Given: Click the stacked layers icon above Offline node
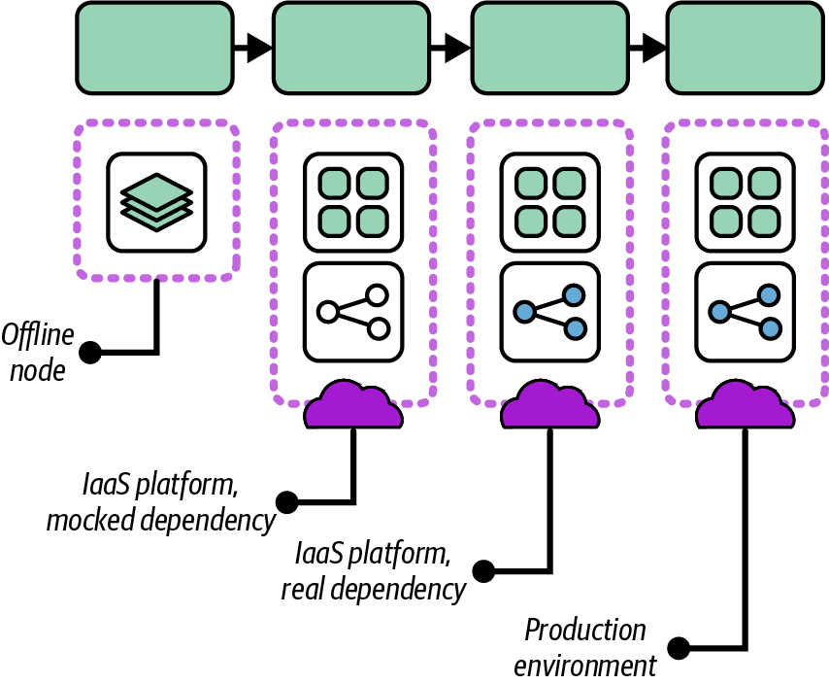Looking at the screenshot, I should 156,201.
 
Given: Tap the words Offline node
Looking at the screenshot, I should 37,352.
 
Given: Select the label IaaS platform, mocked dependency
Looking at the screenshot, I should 161,502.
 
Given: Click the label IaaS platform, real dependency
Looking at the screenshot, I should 374,571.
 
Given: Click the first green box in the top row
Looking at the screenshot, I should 154,46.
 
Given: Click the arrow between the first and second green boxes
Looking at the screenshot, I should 254,47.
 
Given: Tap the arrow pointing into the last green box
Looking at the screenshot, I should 648,47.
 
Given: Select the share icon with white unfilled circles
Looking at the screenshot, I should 352,311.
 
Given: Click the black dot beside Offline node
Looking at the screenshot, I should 92,352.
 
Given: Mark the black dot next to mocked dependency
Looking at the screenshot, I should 287,502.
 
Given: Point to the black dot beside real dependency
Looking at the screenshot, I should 483,570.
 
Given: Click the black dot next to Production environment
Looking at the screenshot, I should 680,646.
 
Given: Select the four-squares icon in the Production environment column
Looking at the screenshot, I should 746,201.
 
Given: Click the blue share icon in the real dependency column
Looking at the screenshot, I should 549,311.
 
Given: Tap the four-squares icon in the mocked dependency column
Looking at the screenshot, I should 352,201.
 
